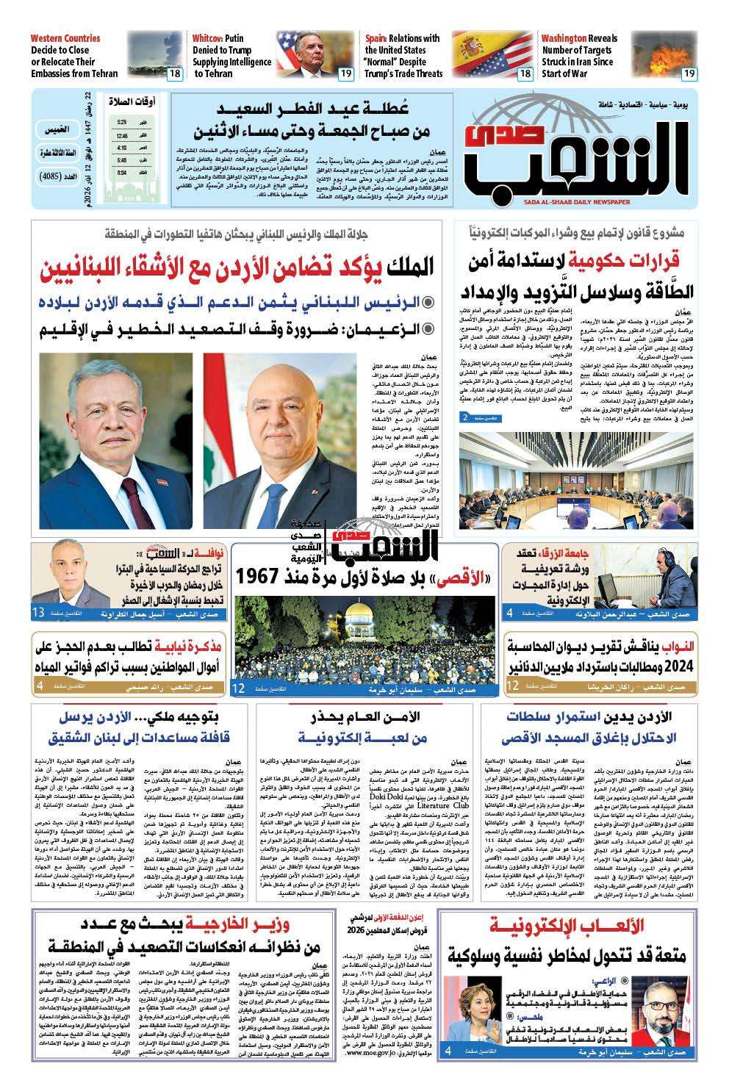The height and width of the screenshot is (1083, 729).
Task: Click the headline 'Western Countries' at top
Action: pyautogui.click(x=65, y=38)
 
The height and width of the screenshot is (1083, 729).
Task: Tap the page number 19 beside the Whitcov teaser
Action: pyautogui.click(x=345, y=73)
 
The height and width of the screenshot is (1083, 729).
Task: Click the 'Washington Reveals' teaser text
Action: pyautogui.click(x=579, y=38)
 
